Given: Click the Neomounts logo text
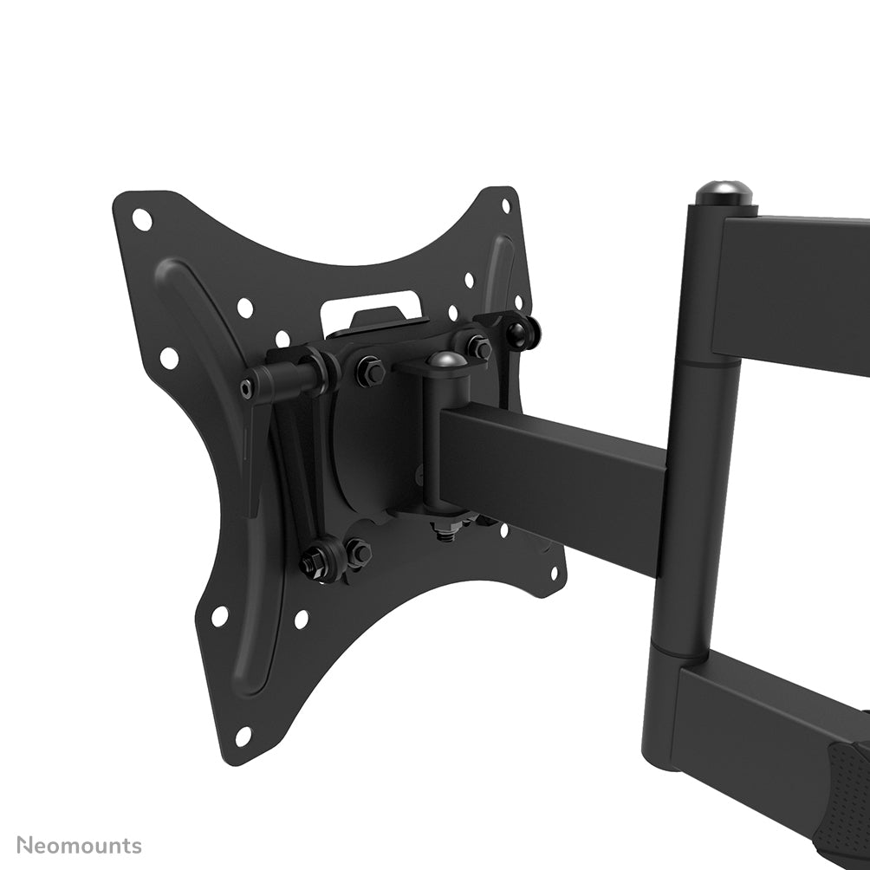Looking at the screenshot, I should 80,845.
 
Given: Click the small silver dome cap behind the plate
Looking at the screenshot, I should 446,359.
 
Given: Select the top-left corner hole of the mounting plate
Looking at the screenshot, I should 142,220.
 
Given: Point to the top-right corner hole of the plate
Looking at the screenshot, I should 506,205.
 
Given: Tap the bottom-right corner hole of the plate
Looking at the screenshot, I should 555,572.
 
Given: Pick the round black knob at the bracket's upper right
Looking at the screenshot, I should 525,332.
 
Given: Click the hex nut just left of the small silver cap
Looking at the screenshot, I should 371,372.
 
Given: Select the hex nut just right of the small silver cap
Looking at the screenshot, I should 479,348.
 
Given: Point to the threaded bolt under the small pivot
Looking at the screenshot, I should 445,530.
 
